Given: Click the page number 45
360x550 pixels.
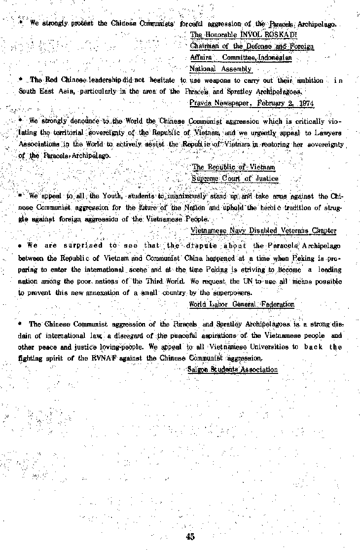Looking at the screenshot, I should (x=190, y=537).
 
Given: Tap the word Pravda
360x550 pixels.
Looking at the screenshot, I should (x=200, y=103).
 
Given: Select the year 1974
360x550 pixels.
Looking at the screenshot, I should (x=305, y=103).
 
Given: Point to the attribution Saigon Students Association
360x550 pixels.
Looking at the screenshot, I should (x=232, y=369).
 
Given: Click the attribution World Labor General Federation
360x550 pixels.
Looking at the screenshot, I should (x=242, y=304).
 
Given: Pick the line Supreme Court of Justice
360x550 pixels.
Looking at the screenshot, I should (x=235, y=179).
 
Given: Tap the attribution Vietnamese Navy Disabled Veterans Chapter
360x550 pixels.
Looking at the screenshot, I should (x=263, y=230).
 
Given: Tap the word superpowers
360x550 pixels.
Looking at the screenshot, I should (x=236, y=292).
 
